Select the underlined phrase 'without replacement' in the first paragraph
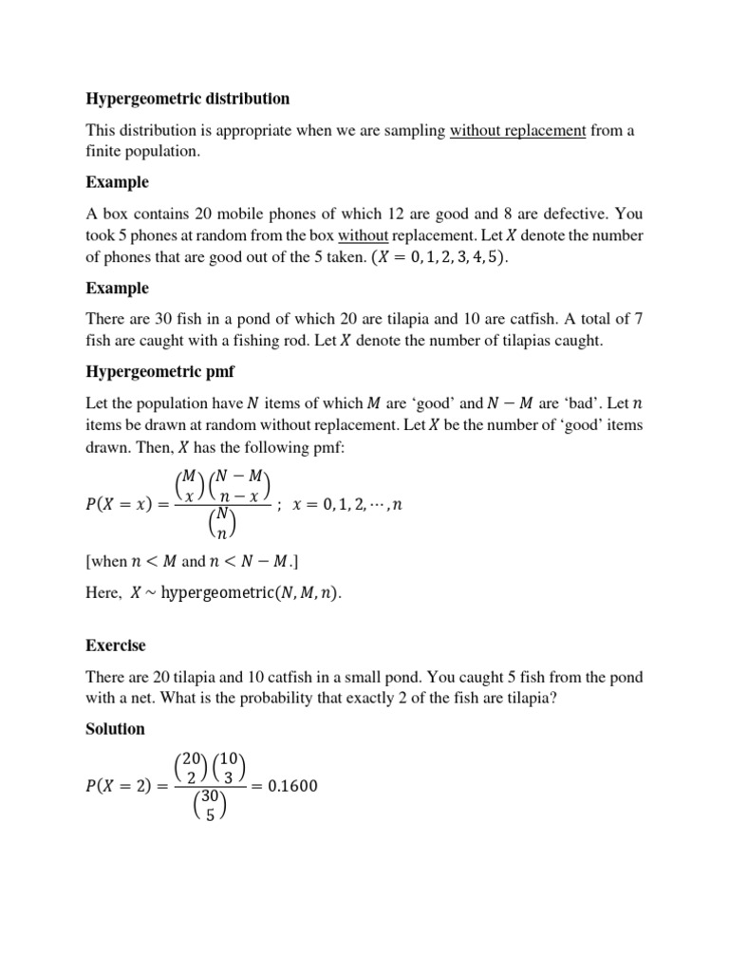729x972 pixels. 517,131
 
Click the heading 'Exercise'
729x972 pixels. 116,645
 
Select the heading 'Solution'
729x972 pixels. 115,729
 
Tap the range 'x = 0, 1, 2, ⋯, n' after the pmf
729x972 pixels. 349,506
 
